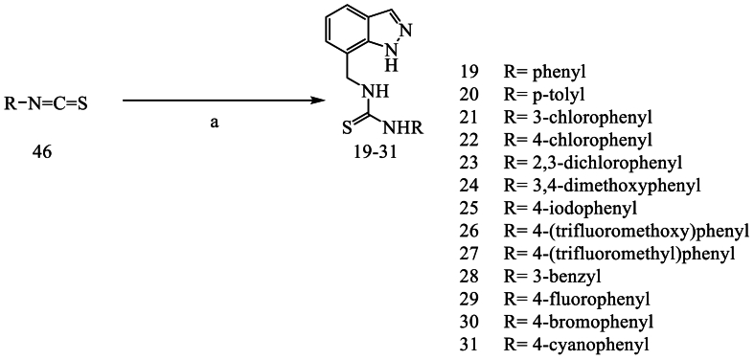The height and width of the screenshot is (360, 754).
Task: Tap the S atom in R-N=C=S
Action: [x=83, y=100]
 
